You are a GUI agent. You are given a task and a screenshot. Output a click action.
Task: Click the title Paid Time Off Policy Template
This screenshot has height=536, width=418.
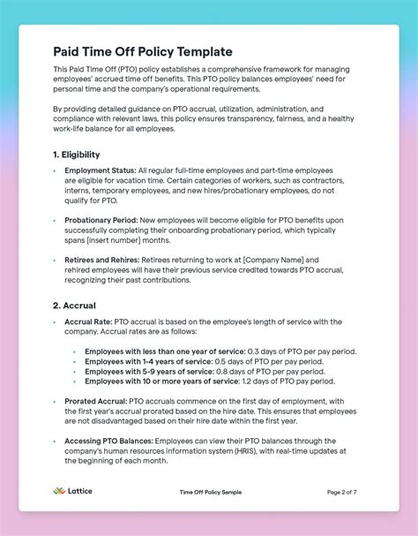point(143,51)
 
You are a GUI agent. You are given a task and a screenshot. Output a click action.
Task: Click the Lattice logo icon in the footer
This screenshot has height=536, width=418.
point(59,491)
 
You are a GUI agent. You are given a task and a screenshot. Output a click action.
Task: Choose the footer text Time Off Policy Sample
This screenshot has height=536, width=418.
point(210,492)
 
